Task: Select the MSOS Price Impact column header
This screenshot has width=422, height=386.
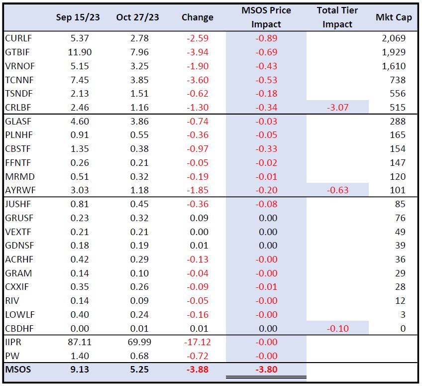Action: (266, 17)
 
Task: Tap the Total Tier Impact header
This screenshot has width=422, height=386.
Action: (337, 17)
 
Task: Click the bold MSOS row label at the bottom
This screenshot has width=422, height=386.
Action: (18, 370)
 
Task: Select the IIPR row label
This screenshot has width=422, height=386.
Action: (13, 343)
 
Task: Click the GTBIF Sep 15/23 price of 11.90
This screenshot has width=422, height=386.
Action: (78, 52)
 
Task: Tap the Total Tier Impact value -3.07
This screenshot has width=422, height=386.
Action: (338, 108)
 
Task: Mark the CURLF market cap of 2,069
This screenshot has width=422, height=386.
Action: (394, 38)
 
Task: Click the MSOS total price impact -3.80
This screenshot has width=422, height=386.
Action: (266, 370)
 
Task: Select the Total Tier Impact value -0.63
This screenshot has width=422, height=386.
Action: (338, 190)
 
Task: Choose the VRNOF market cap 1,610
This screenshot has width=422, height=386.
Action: (394, 66)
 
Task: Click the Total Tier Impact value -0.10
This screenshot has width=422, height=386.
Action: (338, 328)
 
